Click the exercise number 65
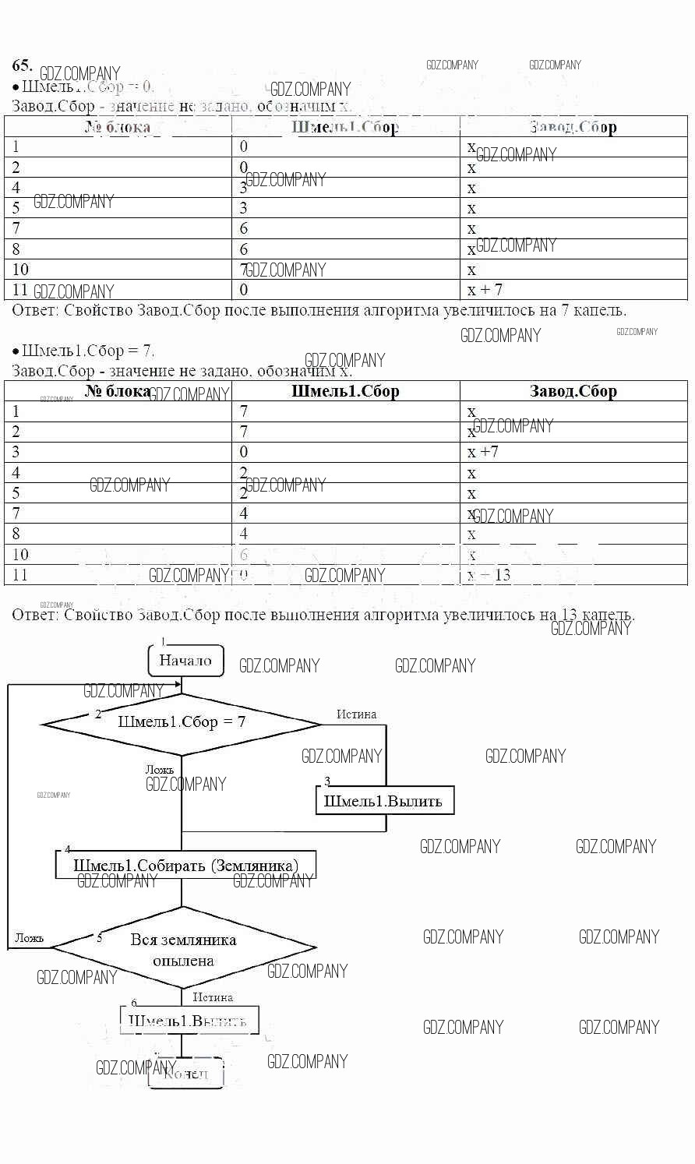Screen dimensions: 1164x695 pos(22,65)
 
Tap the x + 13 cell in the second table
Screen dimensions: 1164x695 pos(489,575)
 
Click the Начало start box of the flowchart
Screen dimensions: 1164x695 pos(185,661)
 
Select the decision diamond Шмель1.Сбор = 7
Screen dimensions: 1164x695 pos(182,723)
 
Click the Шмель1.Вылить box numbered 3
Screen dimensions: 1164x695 pos(383,801)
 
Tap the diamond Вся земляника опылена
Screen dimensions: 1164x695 pos(183,949)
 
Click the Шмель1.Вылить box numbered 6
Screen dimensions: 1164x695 pos(188,1020)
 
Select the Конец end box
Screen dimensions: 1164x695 pos(186,1074)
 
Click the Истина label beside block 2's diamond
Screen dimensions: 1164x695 pos(356,714)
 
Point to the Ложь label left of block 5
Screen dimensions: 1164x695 pos(29,938)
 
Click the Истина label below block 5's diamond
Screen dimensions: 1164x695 pos(213,997)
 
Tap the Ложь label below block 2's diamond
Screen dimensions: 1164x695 pos(159,770)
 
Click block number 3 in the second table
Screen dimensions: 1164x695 pos(16,452)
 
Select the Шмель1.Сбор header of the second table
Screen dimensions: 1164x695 pos(345,391)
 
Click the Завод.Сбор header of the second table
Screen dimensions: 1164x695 pos(573,391)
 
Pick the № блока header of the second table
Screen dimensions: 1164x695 pos(118,391)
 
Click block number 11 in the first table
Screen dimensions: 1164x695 pos(20,290)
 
